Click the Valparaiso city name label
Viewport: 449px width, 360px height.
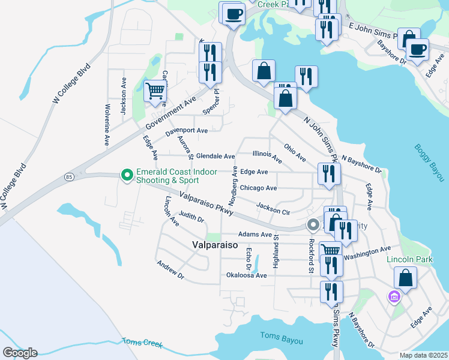[x=215, y=245]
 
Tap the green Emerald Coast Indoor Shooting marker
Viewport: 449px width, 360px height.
[x=127, y=175]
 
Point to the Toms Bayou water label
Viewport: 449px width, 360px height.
[x=282, y=340]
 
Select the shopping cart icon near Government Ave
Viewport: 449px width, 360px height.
[x=155, y=91]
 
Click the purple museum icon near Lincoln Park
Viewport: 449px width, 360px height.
[x=394, y=296]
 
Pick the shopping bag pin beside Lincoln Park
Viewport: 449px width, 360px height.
[x=406, y=278]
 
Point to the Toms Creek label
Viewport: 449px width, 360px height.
[x=142, y=342]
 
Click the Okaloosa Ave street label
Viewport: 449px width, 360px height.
[x=246, y=275]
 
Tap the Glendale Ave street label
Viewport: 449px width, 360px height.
[x=215, y=156]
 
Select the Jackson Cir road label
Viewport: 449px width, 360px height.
[x=273, y=208]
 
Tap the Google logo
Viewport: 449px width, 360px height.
[x=20, y=353]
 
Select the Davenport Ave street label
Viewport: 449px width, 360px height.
[x=186, y=130]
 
